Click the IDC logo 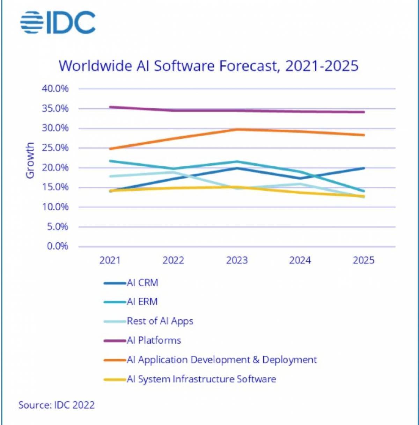(x=58, y=22)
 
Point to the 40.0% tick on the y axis (x=55, y=89)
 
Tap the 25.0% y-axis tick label (x=55, y=148)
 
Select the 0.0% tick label (x=58, y=246)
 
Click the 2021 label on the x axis (x=110, y=260)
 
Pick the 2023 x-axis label (x=237, y=260)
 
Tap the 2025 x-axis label (x=364, y=260)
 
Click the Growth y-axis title (x=30, y=160)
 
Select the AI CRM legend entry (x=131, y=283)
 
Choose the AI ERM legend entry (x=131, y=302)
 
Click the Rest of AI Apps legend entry (x=148, y=321)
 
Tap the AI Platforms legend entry (x=142, y=340)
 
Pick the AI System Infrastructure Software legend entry (x=190, y=379)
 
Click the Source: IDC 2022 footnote (x=57, y=405)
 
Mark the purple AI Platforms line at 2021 (x=110, y=107)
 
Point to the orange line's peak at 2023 (x=237, y=129)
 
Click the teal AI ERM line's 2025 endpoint (x=364, y=191)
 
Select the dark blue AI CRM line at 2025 (x=364, y=168)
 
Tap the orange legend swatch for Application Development (x=115, y=360)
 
